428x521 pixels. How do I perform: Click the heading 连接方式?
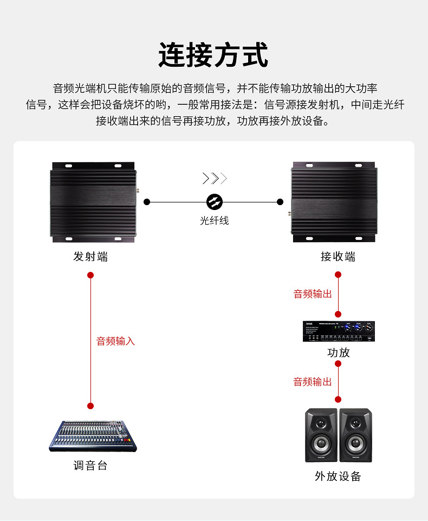click(213, 55)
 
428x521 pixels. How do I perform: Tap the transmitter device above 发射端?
click(92, 201)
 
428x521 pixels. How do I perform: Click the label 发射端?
click(90, 257)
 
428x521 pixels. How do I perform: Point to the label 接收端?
click(338, 257)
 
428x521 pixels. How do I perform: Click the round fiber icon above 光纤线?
click(215, 202)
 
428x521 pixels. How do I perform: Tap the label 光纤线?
click(215, 221)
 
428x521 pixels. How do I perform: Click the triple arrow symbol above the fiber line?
click(215, 178)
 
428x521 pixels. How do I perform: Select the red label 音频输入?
click(115, 341)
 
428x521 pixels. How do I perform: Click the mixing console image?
click(92, 436)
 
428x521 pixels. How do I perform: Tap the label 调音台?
click(90, 465)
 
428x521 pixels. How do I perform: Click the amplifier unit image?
click(339, 331)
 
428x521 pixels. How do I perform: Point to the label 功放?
click(339, 352)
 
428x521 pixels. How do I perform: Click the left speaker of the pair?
click(321, 435)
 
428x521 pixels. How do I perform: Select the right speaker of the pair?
click(356, 435)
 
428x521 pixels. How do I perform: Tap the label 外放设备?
click(338, 476)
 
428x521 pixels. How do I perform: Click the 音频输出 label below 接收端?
click(313, 294)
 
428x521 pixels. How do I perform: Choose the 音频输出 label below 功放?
click(313, 382)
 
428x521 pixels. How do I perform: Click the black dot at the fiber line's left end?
click(147, 202)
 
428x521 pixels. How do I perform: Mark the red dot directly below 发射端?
click(90, 275)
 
